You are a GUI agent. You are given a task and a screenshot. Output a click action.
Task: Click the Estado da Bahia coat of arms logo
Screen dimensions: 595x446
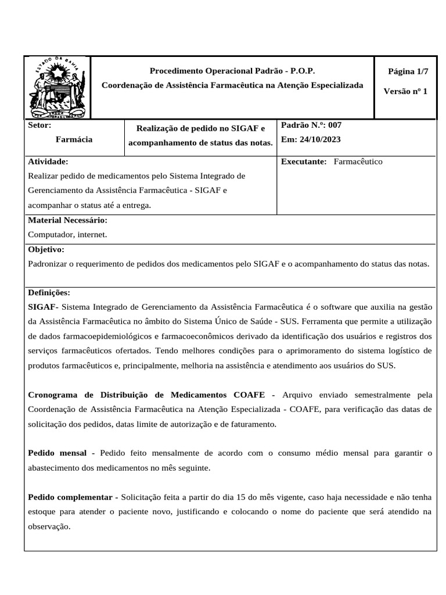[x=57, y=87]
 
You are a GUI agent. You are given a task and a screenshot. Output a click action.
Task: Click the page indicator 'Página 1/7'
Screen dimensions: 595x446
[x=408, y=71]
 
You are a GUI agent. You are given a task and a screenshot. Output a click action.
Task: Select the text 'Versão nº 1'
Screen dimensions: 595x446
[x=405, y=91]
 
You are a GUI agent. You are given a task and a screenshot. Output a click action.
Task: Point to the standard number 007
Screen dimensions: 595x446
[x=339, y=125]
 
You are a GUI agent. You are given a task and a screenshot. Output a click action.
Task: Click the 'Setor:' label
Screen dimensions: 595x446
[x=39, y=125]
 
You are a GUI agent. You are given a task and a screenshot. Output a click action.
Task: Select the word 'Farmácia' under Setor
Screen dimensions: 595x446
[x=74, y=139]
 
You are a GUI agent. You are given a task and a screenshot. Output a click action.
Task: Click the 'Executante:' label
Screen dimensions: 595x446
[x=304, y=162]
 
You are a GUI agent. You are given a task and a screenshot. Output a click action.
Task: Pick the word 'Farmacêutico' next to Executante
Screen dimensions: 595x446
[x=358, y=162]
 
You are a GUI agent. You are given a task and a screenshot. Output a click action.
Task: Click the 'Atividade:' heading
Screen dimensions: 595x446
[x=48, y=162]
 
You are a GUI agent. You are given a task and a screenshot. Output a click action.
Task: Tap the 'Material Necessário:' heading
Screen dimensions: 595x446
[x=67, y=220]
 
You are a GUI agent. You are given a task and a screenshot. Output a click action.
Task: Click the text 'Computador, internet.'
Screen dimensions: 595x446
[x=67, y=234]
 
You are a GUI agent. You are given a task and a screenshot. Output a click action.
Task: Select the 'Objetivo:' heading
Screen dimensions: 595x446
[x=46, y=249]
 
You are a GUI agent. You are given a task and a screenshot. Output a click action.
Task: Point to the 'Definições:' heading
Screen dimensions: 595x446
[x=49, y=292]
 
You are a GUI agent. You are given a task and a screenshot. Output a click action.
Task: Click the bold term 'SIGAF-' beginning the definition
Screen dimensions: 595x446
[x=42, y=307]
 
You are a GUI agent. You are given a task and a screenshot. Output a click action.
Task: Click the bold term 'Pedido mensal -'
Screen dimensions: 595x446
[x=61, y=453]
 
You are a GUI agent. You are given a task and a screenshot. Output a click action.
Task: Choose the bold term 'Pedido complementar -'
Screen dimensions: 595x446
[x=73, y=497]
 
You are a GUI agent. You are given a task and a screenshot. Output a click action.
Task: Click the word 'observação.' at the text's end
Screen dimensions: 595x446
[x=49, y=526]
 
